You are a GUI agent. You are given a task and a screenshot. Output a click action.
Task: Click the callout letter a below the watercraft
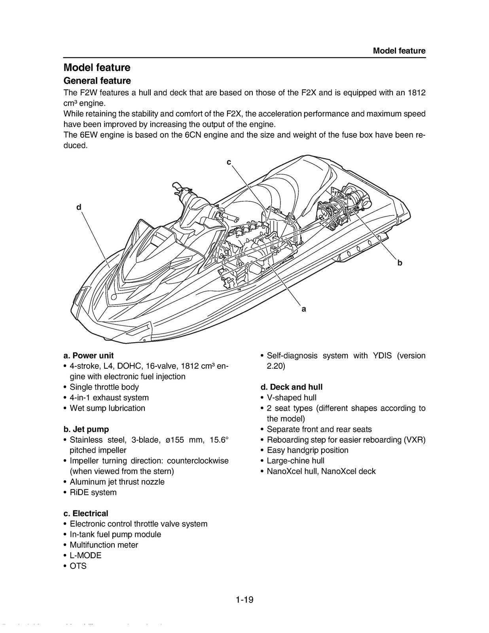[x=303, y=309]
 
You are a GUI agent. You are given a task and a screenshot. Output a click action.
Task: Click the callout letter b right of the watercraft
[x=400, y=263]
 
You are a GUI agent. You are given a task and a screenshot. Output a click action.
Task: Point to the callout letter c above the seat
[x=229, y=162]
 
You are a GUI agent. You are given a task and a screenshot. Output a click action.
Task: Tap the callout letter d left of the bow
[x=79, y=207]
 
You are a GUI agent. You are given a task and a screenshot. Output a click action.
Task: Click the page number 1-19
[x=244, y=599]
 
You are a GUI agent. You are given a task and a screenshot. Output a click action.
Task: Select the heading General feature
[x=97, y=81]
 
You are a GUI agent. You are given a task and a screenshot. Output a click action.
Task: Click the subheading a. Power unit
[x=88, y=355]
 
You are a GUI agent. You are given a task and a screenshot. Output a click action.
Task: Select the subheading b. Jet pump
[x=86, y=429]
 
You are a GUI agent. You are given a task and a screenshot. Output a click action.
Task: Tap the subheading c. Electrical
[x=85, y=514]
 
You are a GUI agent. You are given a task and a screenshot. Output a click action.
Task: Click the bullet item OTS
[x=78, y=566]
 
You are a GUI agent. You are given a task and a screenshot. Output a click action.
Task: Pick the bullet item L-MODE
[x=85, y=555]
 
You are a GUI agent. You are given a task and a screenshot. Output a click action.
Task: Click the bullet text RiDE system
[x=93, y=492]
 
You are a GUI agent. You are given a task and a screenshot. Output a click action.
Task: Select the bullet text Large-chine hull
[x=295, y=461]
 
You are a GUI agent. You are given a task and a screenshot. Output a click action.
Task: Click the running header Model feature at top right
[x=399, y=51]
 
